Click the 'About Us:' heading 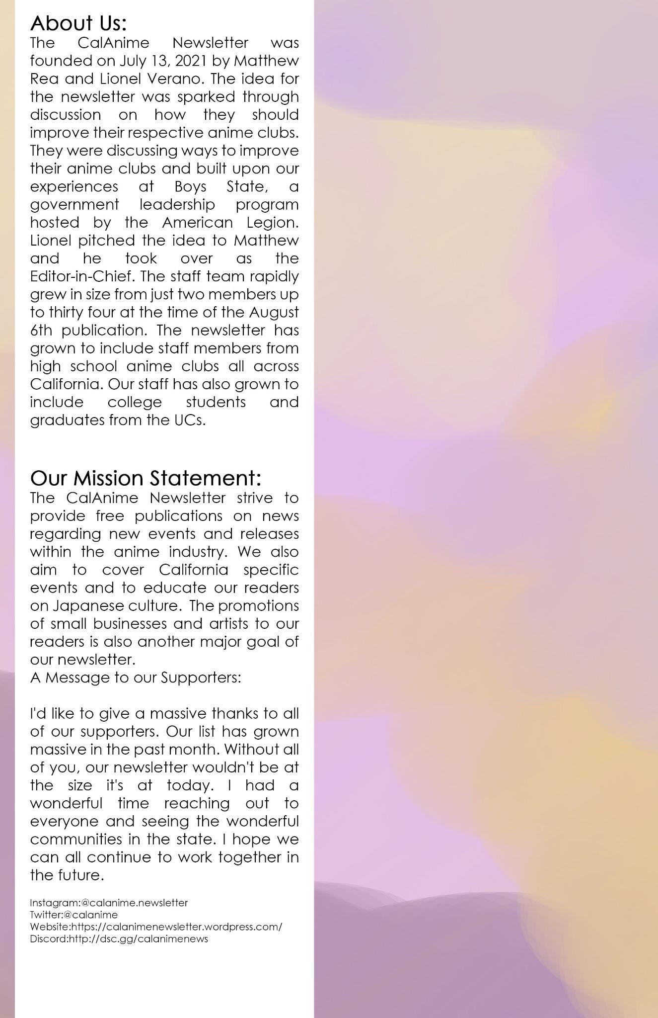point(78,23)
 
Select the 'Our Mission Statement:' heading point(146,478)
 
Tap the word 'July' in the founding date point(131,61)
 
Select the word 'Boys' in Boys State point(190,186)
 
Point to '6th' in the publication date point(40,330)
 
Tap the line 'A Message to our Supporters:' point(136,678)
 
